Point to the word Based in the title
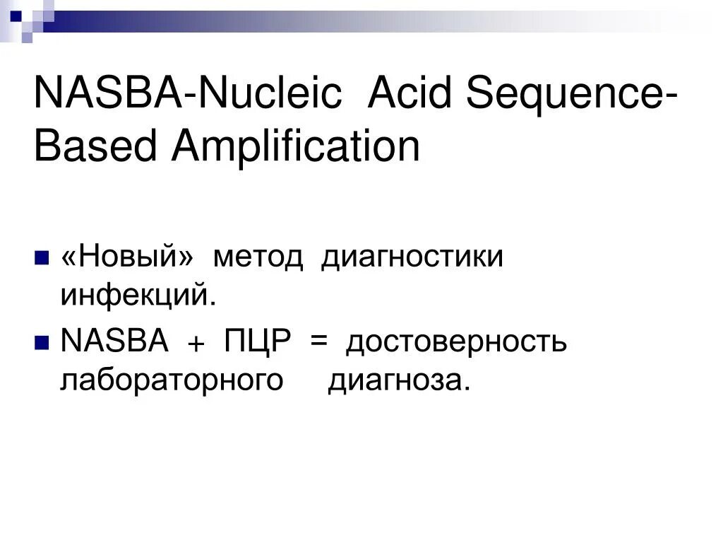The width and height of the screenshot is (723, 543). [96, 147]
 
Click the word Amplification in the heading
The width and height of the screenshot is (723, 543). [296, 148]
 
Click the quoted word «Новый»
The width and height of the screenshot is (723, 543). [127, 257]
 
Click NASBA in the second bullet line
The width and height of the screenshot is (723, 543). [114, 343]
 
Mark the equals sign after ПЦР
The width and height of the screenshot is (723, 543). [318, 343]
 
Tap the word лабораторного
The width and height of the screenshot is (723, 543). [172, 381]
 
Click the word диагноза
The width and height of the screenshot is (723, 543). [398, 381]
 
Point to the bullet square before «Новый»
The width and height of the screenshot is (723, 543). [41, 255]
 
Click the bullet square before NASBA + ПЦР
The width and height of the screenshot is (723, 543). [41, 341]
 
